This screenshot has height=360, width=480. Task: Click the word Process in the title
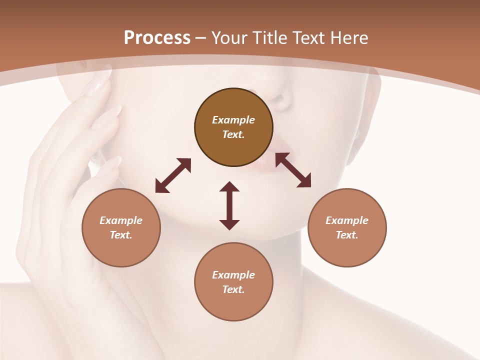click(x=157, y=37)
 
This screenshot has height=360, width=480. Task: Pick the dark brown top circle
click(x=233, y=127)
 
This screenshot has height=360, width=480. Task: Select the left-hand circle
click(x=121, y=227)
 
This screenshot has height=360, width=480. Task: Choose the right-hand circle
click(x=347, y=227)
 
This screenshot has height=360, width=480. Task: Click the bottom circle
click(x=233, y=282)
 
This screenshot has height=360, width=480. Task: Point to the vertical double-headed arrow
click(x=229, y=205)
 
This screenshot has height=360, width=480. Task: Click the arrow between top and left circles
click(x=173, y=175)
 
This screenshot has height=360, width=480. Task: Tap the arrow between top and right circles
click(x=293, y=170)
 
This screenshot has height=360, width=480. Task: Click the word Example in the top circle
click(x=233, y=120)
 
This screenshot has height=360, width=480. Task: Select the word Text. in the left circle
click(x=121, y=235)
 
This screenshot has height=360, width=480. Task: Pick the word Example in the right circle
click(x=347, y=220)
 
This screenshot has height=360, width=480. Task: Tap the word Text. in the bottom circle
click(x=233, y=289)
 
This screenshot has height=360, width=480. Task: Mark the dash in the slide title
click(x=200, y=38)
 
